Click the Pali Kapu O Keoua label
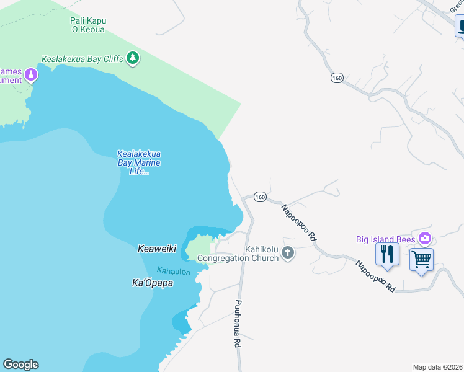(87, 25)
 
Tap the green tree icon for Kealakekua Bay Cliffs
(132, 58)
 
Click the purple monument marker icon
(30, 76)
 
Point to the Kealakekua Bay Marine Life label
(139, 162)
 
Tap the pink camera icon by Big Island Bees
(425, 238)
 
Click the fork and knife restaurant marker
(386, 255)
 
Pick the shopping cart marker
(421, 259)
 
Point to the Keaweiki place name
(156, 249)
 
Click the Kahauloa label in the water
(173, 271)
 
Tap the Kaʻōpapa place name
(152, 283)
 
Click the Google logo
(20, 365)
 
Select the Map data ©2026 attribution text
(437, 367)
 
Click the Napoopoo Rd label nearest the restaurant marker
(375, 276)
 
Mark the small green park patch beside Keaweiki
(199, 248)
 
